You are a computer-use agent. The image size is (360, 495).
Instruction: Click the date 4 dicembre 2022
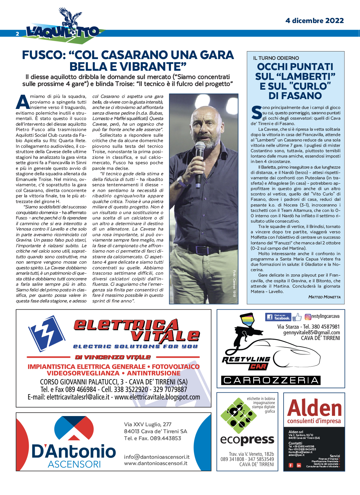click(314, 21)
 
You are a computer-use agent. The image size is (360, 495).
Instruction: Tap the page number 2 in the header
click(18, 34)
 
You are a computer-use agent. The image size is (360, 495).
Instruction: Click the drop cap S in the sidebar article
click(256, 113)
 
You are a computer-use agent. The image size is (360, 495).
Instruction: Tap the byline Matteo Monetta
click(324, 297)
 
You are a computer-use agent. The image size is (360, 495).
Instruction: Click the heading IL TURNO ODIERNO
click(276, 58)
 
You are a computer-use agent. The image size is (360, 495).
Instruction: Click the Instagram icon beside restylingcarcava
click(308, 317)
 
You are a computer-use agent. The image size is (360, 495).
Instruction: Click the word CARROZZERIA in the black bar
click(271, 380)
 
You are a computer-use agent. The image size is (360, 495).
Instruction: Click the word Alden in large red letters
click(315, 408)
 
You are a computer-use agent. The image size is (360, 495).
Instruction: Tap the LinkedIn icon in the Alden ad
click(299, 465)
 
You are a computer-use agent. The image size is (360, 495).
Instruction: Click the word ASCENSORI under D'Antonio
click(74, 464)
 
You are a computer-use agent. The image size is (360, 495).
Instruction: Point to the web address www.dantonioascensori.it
click(156, 463)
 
